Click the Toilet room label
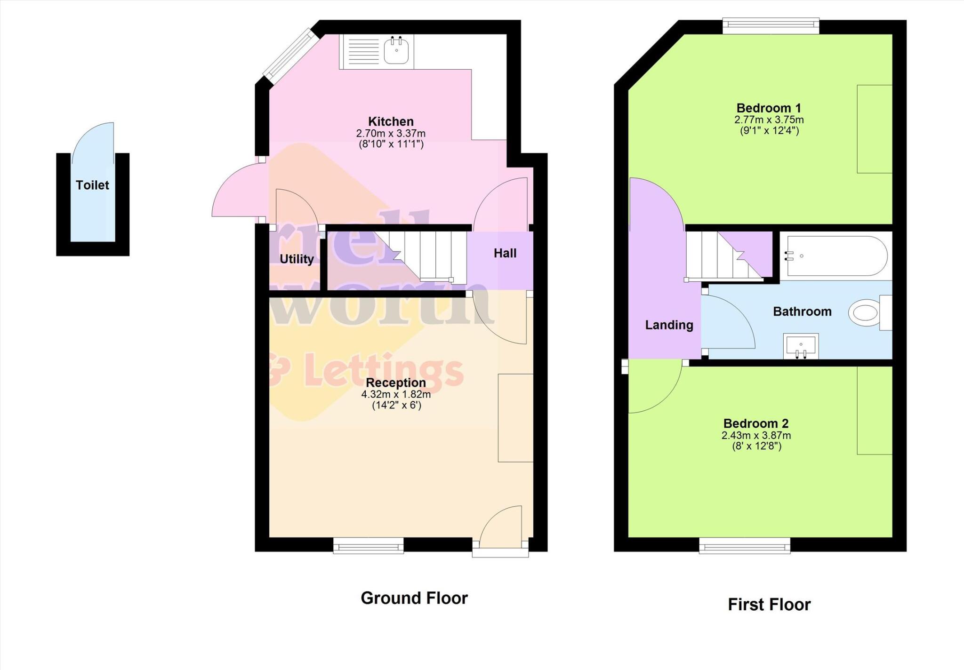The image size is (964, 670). click(x=92, y=185)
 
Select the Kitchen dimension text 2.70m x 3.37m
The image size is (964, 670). click(x=391, y=134)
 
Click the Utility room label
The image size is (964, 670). click(x=297, y=259)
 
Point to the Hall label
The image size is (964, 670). click(x=505, y=254)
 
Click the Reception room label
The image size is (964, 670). click(x=396, y=383)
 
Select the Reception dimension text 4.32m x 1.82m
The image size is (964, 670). click(x=396, y=394)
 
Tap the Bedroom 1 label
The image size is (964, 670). click(x=769, y=108)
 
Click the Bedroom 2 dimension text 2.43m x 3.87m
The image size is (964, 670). click(x=756, y=436)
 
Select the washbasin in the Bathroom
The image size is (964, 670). click(x=801, y=346)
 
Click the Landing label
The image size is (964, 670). click(x=669, y=325)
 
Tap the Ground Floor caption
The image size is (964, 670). click(x=414, y=598)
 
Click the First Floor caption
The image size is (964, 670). click(x=769, y=605)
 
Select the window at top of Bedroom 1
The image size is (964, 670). click(x=771, y=25)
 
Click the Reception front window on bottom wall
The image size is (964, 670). click(x=368, y=546)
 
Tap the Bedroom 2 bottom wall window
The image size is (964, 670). click(x=744, y=546)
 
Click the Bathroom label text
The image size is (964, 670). click(x=802, y=311)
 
